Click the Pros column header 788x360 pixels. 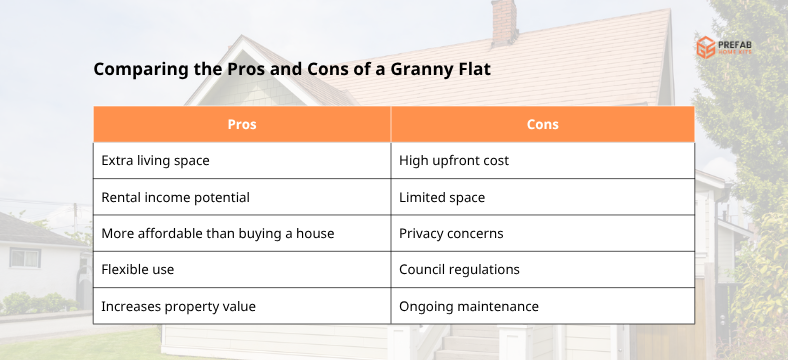[x=242, y=125]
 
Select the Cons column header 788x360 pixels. [x=542, y=125]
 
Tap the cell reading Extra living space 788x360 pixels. [x=242, y=160]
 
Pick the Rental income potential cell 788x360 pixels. [x=242, y=197]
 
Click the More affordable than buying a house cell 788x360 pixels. [x=242, y=233]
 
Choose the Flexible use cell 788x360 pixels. [x=242, y=270]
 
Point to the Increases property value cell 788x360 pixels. [x=242, y=306]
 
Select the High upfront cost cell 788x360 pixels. [x=542, y=160]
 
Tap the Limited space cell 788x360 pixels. [x=542, y=197]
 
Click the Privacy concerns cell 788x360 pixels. [x=542, y=233]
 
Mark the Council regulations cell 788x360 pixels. [x=542, y=270]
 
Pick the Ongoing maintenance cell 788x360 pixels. [x=542, y=306]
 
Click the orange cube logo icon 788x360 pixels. [x=706, y=47]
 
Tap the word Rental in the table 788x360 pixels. [x=122, y=197]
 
